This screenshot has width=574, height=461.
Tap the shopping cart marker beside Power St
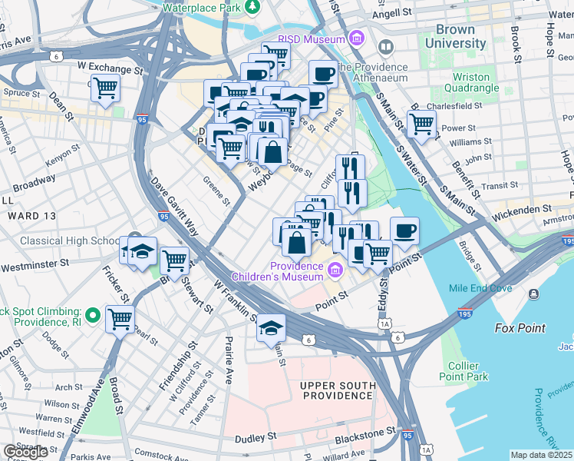421,123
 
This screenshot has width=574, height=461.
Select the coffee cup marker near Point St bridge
404,229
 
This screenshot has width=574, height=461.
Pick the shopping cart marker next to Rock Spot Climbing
120,318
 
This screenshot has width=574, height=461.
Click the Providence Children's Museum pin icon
335,270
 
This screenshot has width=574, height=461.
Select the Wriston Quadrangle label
471,83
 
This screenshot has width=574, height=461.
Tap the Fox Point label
520,328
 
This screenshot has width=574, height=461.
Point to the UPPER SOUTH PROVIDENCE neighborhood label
338,390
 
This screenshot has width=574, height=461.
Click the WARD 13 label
28,217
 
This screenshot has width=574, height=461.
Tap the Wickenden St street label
525,208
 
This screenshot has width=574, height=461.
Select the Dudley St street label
256,436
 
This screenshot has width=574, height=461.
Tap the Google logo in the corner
25,452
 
